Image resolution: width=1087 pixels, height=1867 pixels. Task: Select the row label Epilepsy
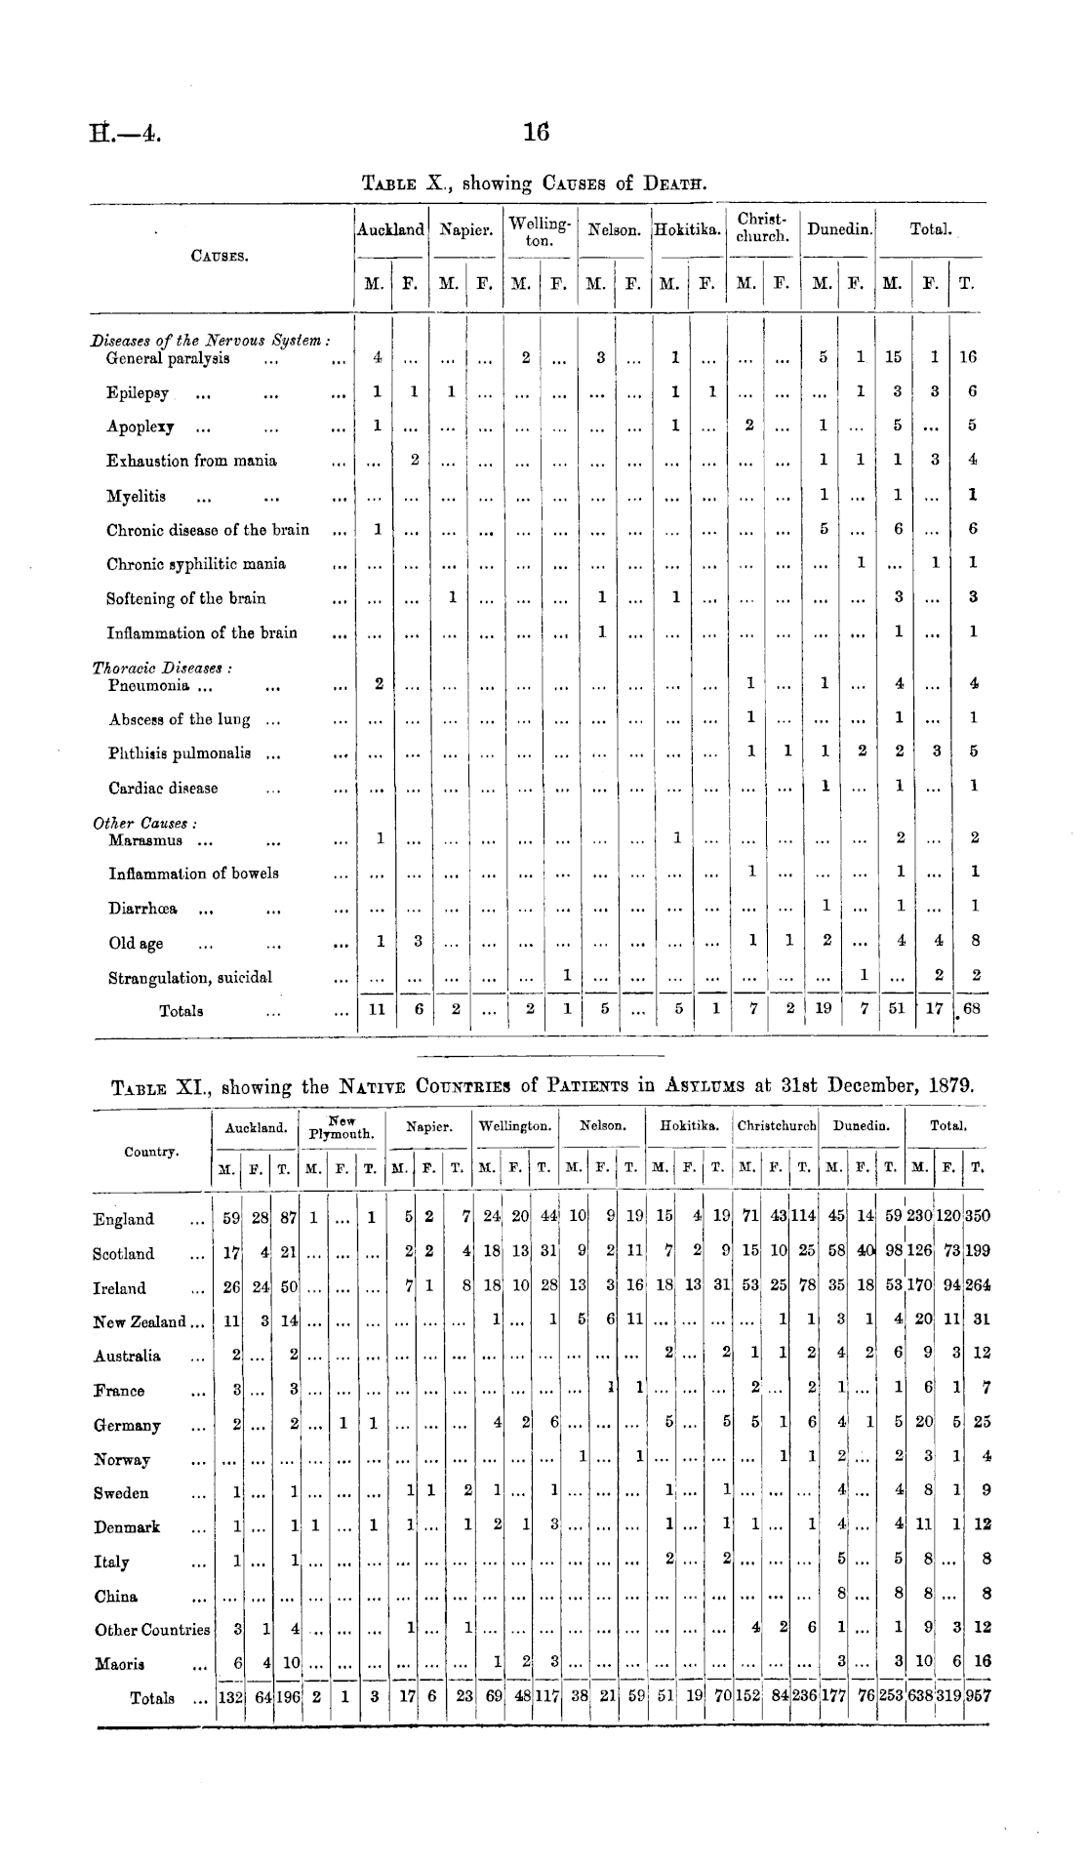[x=138, y=392]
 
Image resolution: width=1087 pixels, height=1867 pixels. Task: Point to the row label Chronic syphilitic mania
[x=196, y=563]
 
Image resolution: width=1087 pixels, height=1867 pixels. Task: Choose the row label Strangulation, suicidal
[x=190, y=977]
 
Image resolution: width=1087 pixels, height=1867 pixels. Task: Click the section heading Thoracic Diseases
[x=160, y=669]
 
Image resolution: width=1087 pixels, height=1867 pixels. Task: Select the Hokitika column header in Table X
[x=688, y=230]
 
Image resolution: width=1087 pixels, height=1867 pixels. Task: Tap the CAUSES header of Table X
[x=220, y=257]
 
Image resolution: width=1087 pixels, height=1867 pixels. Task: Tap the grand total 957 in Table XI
[x=978, y=1697]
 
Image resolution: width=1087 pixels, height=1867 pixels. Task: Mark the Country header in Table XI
[x=150, y=1152]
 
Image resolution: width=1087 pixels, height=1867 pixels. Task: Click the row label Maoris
[x=120, y=1663]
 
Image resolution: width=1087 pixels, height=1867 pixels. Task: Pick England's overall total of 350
[x=978, y=1218]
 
